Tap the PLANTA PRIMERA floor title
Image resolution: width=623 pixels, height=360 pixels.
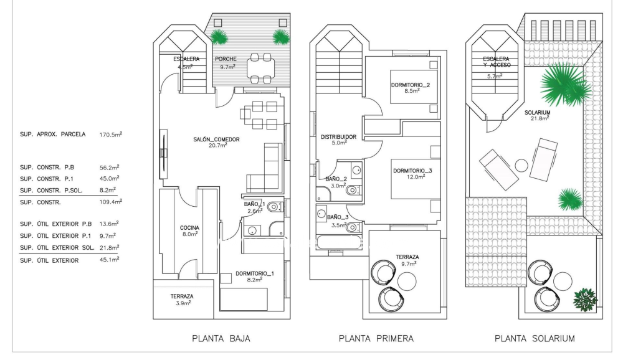pos(376,339)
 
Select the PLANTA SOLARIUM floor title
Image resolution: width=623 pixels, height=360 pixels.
pos(535,339)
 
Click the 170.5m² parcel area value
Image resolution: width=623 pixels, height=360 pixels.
pos(111,134)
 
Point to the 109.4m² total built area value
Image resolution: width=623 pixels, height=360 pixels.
pos(111,202)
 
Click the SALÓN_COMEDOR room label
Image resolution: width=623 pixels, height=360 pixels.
pos(216,140)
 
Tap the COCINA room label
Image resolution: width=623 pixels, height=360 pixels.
pos(190,228)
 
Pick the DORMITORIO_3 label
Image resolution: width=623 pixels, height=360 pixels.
pos(412,170)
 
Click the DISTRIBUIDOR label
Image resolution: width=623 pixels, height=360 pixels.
pos(338,137)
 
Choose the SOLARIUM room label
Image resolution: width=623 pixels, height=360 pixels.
pos(537,113)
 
